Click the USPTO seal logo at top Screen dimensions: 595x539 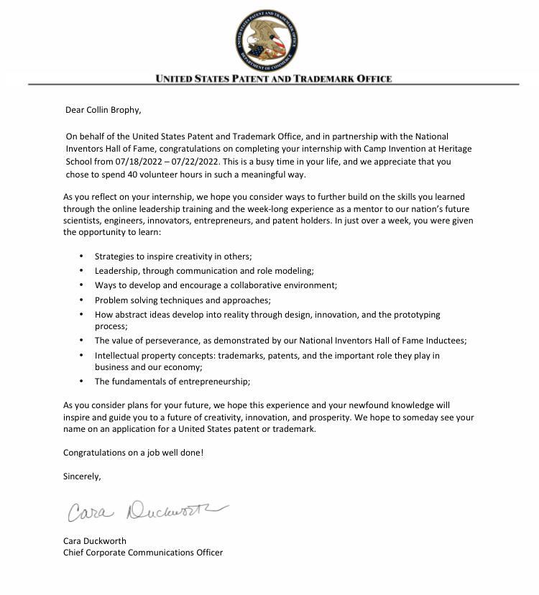pos(266,41)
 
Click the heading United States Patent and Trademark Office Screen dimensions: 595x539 pos(274,79)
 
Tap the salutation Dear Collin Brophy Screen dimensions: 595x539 pos(103,110)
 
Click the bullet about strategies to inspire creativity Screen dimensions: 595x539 pos(173,257)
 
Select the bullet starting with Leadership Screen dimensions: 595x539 pos(204,271)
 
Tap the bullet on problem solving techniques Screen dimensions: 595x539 pos(183,300)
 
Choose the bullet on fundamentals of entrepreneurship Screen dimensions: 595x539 pos(172,382)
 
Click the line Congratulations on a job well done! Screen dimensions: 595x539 pos(133,453)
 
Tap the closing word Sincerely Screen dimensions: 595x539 pos(82,476)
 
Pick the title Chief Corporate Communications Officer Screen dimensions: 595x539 pos(143,553)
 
